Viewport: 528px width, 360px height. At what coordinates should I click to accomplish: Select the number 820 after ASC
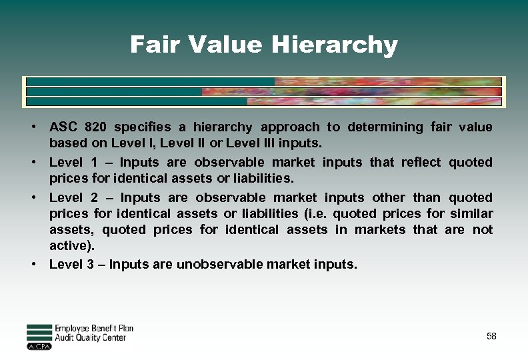coord(95,127)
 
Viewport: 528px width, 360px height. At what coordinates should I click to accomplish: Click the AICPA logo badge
coord(39,346)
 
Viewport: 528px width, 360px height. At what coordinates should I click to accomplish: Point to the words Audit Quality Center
coord(90,338)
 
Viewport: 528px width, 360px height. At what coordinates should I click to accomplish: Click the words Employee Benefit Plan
coord(94,329)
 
